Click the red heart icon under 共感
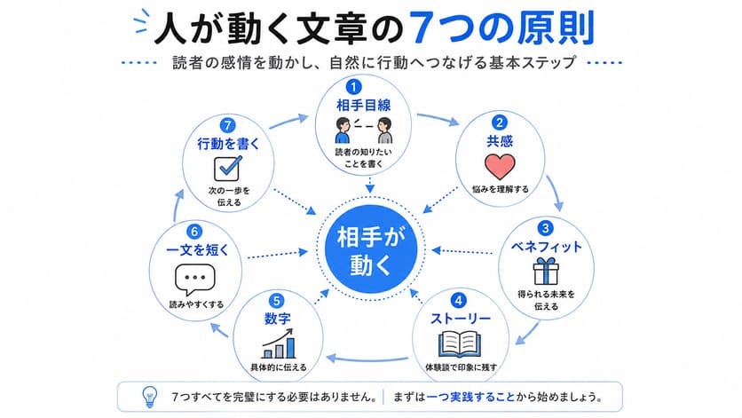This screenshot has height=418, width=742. [x=500, y=166]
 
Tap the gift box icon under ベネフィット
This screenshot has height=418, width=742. [x=546, y=272]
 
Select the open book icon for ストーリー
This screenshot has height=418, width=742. [x=460, y=343]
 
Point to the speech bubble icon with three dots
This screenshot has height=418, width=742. [x=195, y=280]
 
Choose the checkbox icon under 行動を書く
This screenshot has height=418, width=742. [x=228, y=168]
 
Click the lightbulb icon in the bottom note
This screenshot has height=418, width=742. [x=149, y=398]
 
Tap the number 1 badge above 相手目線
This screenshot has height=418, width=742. [x=353, y=87]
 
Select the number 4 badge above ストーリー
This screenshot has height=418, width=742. [x=458, y=300]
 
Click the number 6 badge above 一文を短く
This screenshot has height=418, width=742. [x=194, y=232]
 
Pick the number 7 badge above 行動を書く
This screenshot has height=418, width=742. [x=227, y=125]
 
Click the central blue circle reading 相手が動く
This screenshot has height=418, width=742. [x=370, y=250]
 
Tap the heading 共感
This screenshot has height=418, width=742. [x=500, y=141]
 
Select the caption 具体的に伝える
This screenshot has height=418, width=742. [x=279, y=367]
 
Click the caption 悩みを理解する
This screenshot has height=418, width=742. [x=501, y=189]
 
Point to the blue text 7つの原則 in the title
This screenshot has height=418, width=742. [x=501, y=28]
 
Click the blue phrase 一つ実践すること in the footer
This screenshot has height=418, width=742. [x=470, y=397]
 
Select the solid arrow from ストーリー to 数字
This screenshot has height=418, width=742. [x=367, y=359]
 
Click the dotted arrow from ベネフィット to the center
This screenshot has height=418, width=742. [x=462, y=251]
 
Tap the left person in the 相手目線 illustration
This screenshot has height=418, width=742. [x=342, y=130]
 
